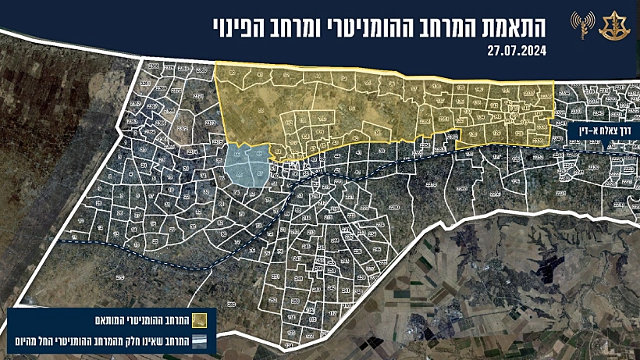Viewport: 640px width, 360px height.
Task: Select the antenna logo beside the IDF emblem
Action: (x=581, y=26)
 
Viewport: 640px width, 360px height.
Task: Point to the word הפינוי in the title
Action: (x=240, y=26)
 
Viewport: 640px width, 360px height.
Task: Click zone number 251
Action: (x=275, y=276)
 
